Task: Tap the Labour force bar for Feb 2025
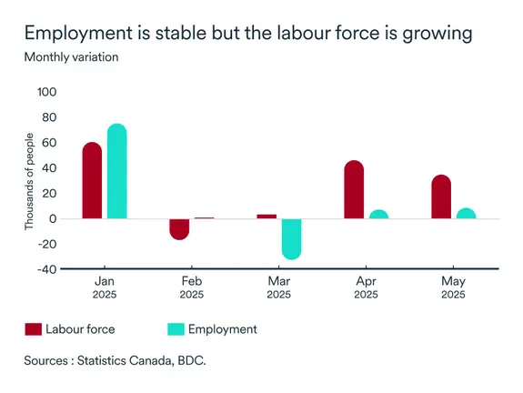point(179,228)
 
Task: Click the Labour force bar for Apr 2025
point(354,189)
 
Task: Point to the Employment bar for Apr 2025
point(378,215)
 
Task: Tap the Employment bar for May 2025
point(466,214)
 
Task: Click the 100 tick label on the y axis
point(46,92)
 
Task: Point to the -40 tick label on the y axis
point(46,269)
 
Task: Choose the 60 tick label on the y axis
point(49,143)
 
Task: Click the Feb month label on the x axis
point(192,281)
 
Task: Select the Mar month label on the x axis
point(279,281)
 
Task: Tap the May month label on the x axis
point(453,281)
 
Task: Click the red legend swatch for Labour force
point(34,329)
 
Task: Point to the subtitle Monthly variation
point(71,57)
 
